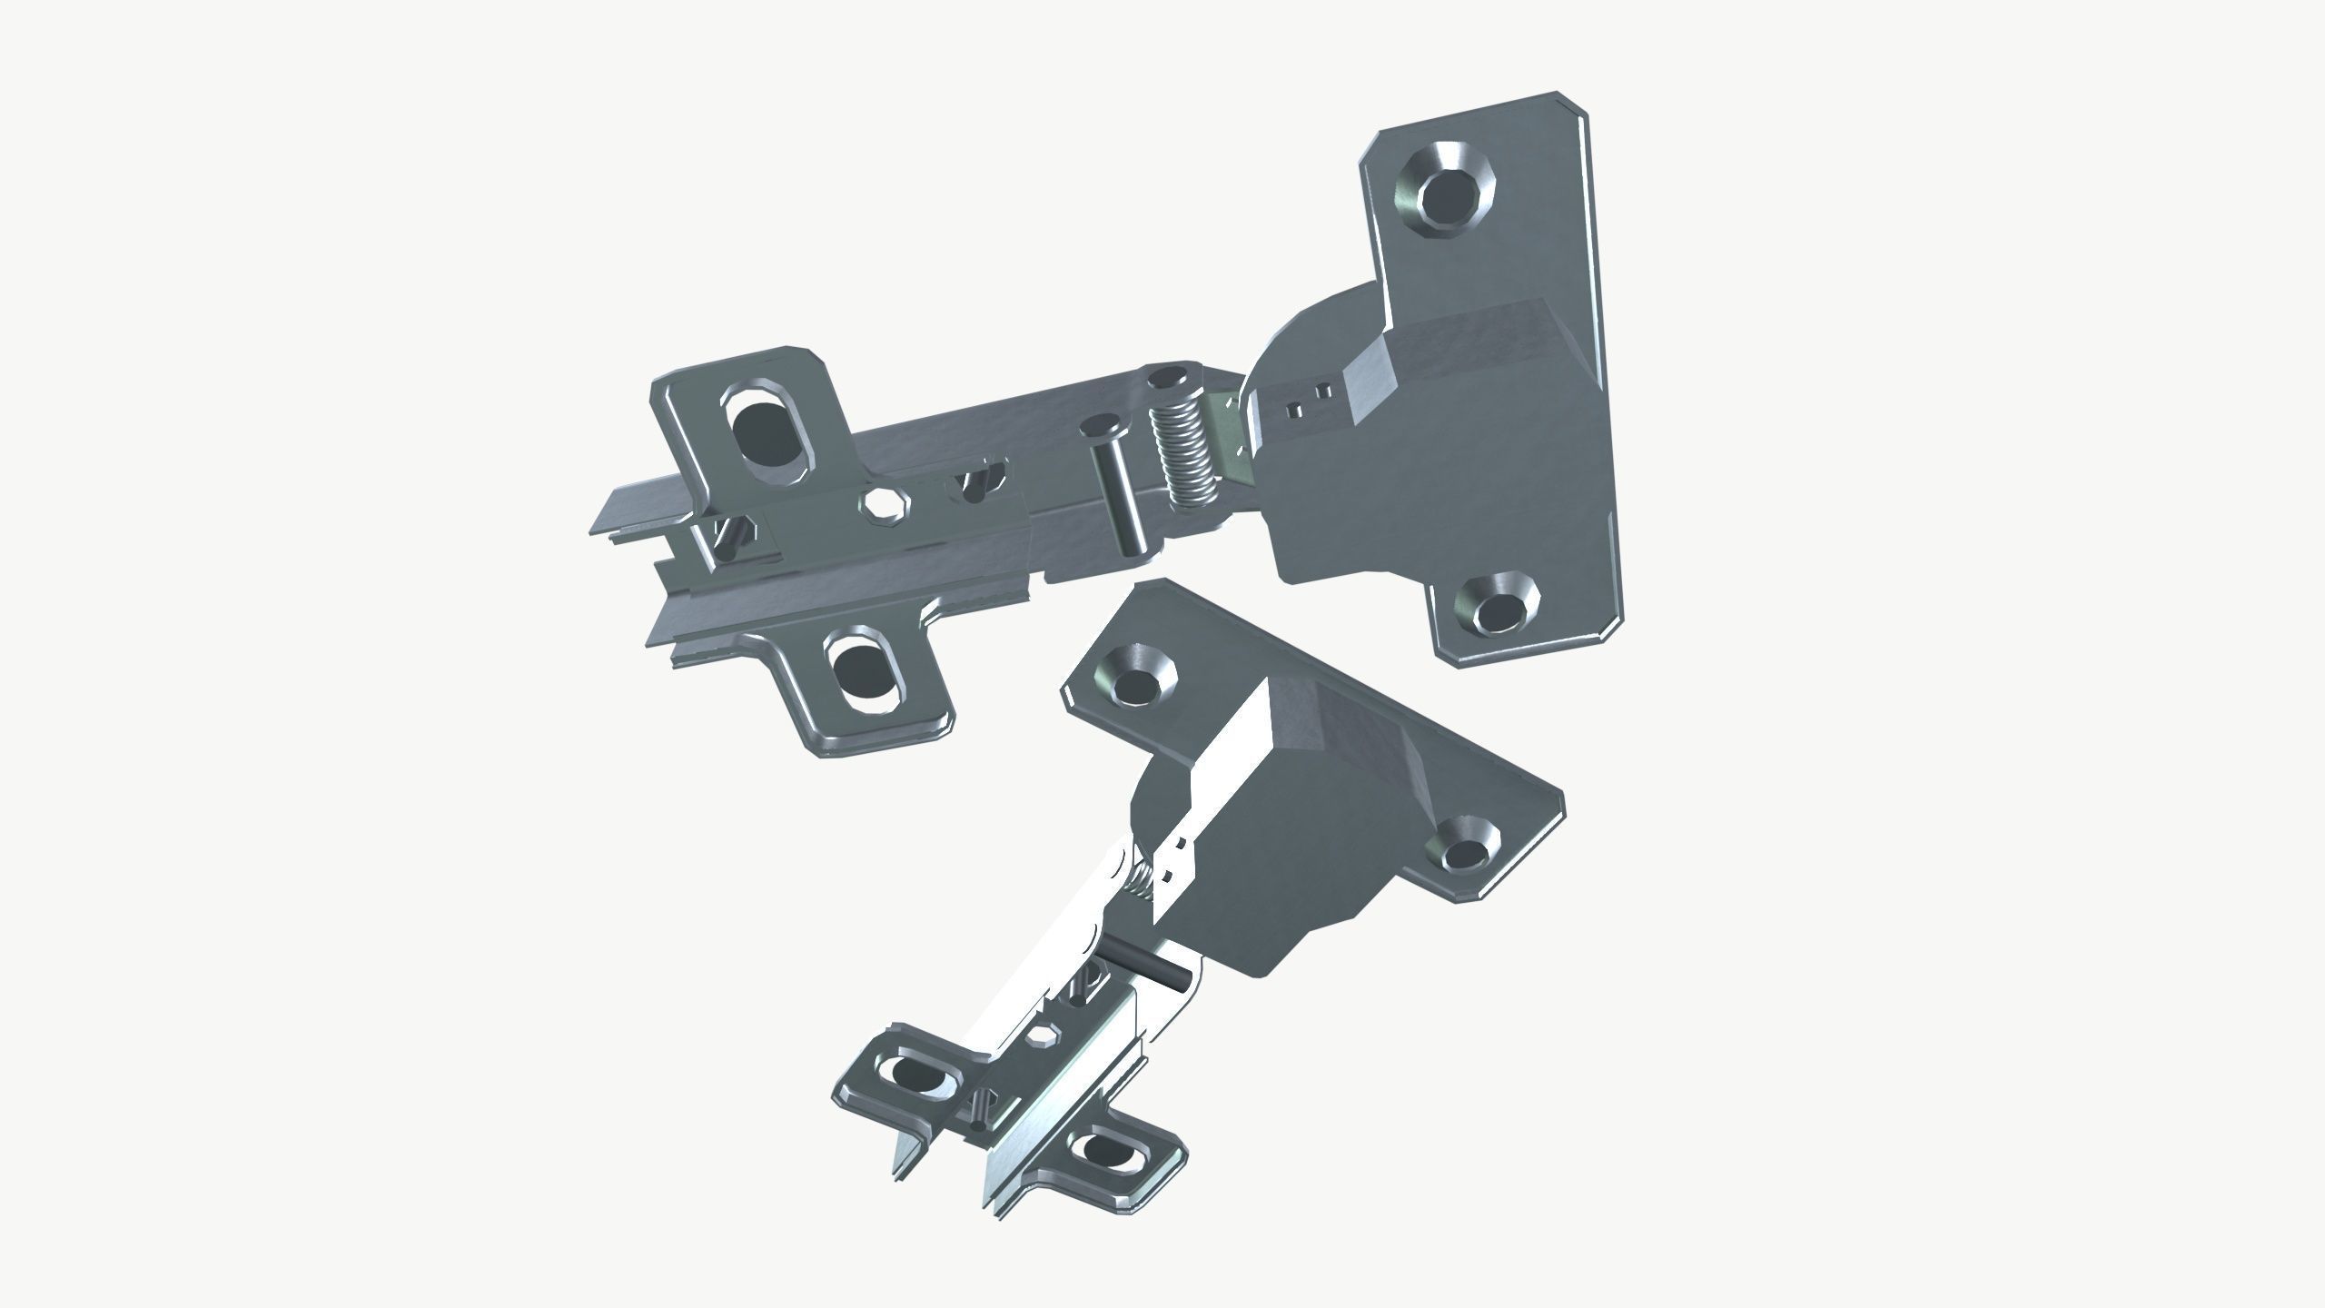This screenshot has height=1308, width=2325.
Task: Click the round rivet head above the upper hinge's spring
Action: [1168, 376]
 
